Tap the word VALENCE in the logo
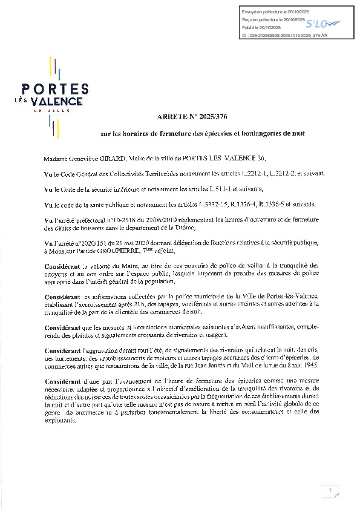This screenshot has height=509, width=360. click(x=60, y=100)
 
